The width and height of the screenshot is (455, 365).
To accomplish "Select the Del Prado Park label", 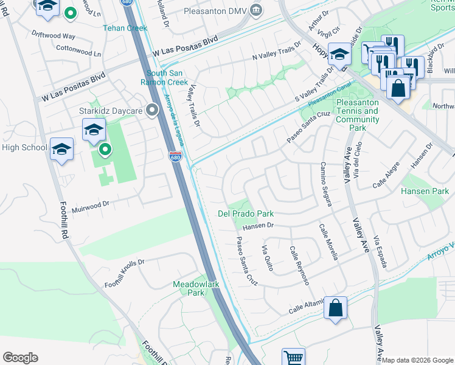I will pos(246,214).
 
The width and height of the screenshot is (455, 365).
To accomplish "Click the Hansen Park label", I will pos(424,192).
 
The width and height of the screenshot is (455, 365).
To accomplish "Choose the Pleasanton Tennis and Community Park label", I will pos(356,111).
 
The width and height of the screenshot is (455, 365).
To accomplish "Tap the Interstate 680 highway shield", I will pos(175,157).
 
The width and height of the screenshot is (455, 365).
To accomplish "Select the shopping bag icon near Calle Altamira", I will pos(335,308).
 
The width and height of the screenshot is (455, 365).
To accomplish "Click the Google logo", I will pos(20,358).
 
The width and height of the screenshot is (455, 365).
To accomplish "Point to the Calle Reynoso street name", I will pos(299,266).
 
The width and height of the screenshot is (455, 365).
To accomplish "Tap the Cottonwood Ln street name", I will pos(78,50).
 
